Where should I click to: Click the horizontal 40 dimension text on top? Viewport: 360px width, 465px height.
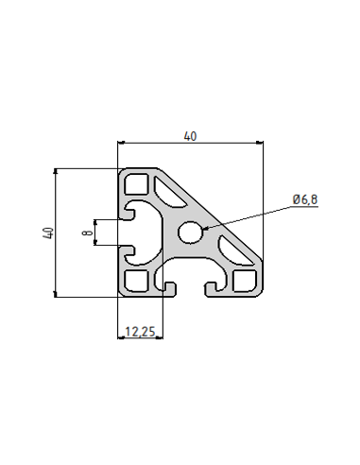point(191,136)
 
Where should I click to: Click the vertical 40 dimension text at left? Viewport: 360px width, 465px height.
point(47,232)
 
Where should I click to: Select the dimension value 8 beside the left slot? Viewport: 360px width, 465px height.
point(86,232)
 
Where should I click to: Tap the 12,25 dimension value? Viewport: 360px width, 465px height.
point(139,332)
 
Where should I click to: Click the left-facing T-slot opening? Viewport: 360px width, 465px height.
point(130,232)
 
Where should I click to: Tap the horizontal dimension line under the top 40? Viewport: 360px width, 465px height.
point(191,143)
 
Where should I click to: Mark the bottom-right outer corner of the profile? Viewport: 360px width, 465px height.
point(262,296)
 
